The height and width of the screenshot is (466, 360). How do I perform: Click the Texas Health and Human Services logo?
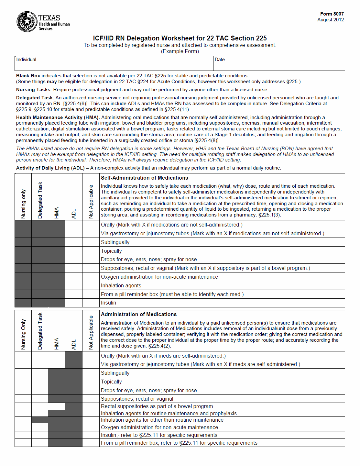[43, 22]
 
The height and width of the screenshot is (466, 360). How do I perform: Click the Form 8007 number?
[332, 14]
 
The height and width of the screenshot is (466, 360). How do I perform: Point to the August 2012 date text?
[330, 20]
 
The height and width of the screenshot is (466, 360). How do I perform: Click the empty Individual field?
[114, 64]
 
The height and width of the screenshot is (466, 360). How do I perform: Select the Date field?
[279, 64]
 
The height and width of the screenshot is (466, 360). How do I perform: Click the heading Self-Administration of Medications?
[144, 178]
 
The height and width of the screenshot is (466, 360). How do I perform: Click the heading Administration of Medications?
[139, 315]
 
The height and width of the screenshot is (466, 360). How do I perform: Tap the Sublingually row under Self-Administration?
[115, 242]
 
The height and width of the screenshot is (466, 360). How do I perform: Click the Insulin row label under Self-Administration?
[108, 303]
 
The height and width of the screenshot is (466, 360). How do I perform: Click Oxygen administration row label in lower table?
[159, 427]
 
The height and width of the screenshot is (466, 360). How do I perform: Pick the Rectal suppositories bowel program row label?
[157, 406]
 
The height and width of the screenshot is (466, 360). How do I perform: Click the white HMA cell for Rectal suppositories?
[57, 406]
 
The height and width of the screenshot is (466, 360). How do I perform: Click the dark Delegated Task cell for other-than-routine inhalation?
[40, 420]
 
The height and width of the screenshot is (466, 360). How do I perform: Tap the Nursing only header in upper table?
[23, 204]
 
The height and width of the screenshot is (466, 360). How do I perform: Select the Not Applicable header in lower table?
[91, 332]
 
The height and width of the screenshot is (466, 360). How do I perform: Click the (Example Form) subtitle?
[180, 51]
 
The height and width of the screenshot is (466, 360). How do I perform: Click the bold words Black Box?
[28, 76]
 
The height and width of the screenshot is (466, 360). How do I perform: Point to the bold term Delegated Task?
[35, 98]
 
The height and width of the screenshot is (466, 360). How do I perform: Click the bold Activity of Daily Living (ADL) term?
[50, 168]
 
